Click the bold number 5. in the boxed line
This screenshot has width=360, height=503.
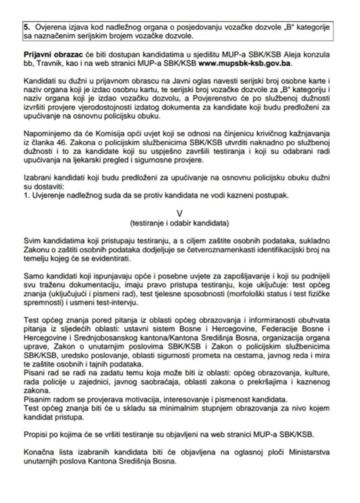click(x=27, y=27)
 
